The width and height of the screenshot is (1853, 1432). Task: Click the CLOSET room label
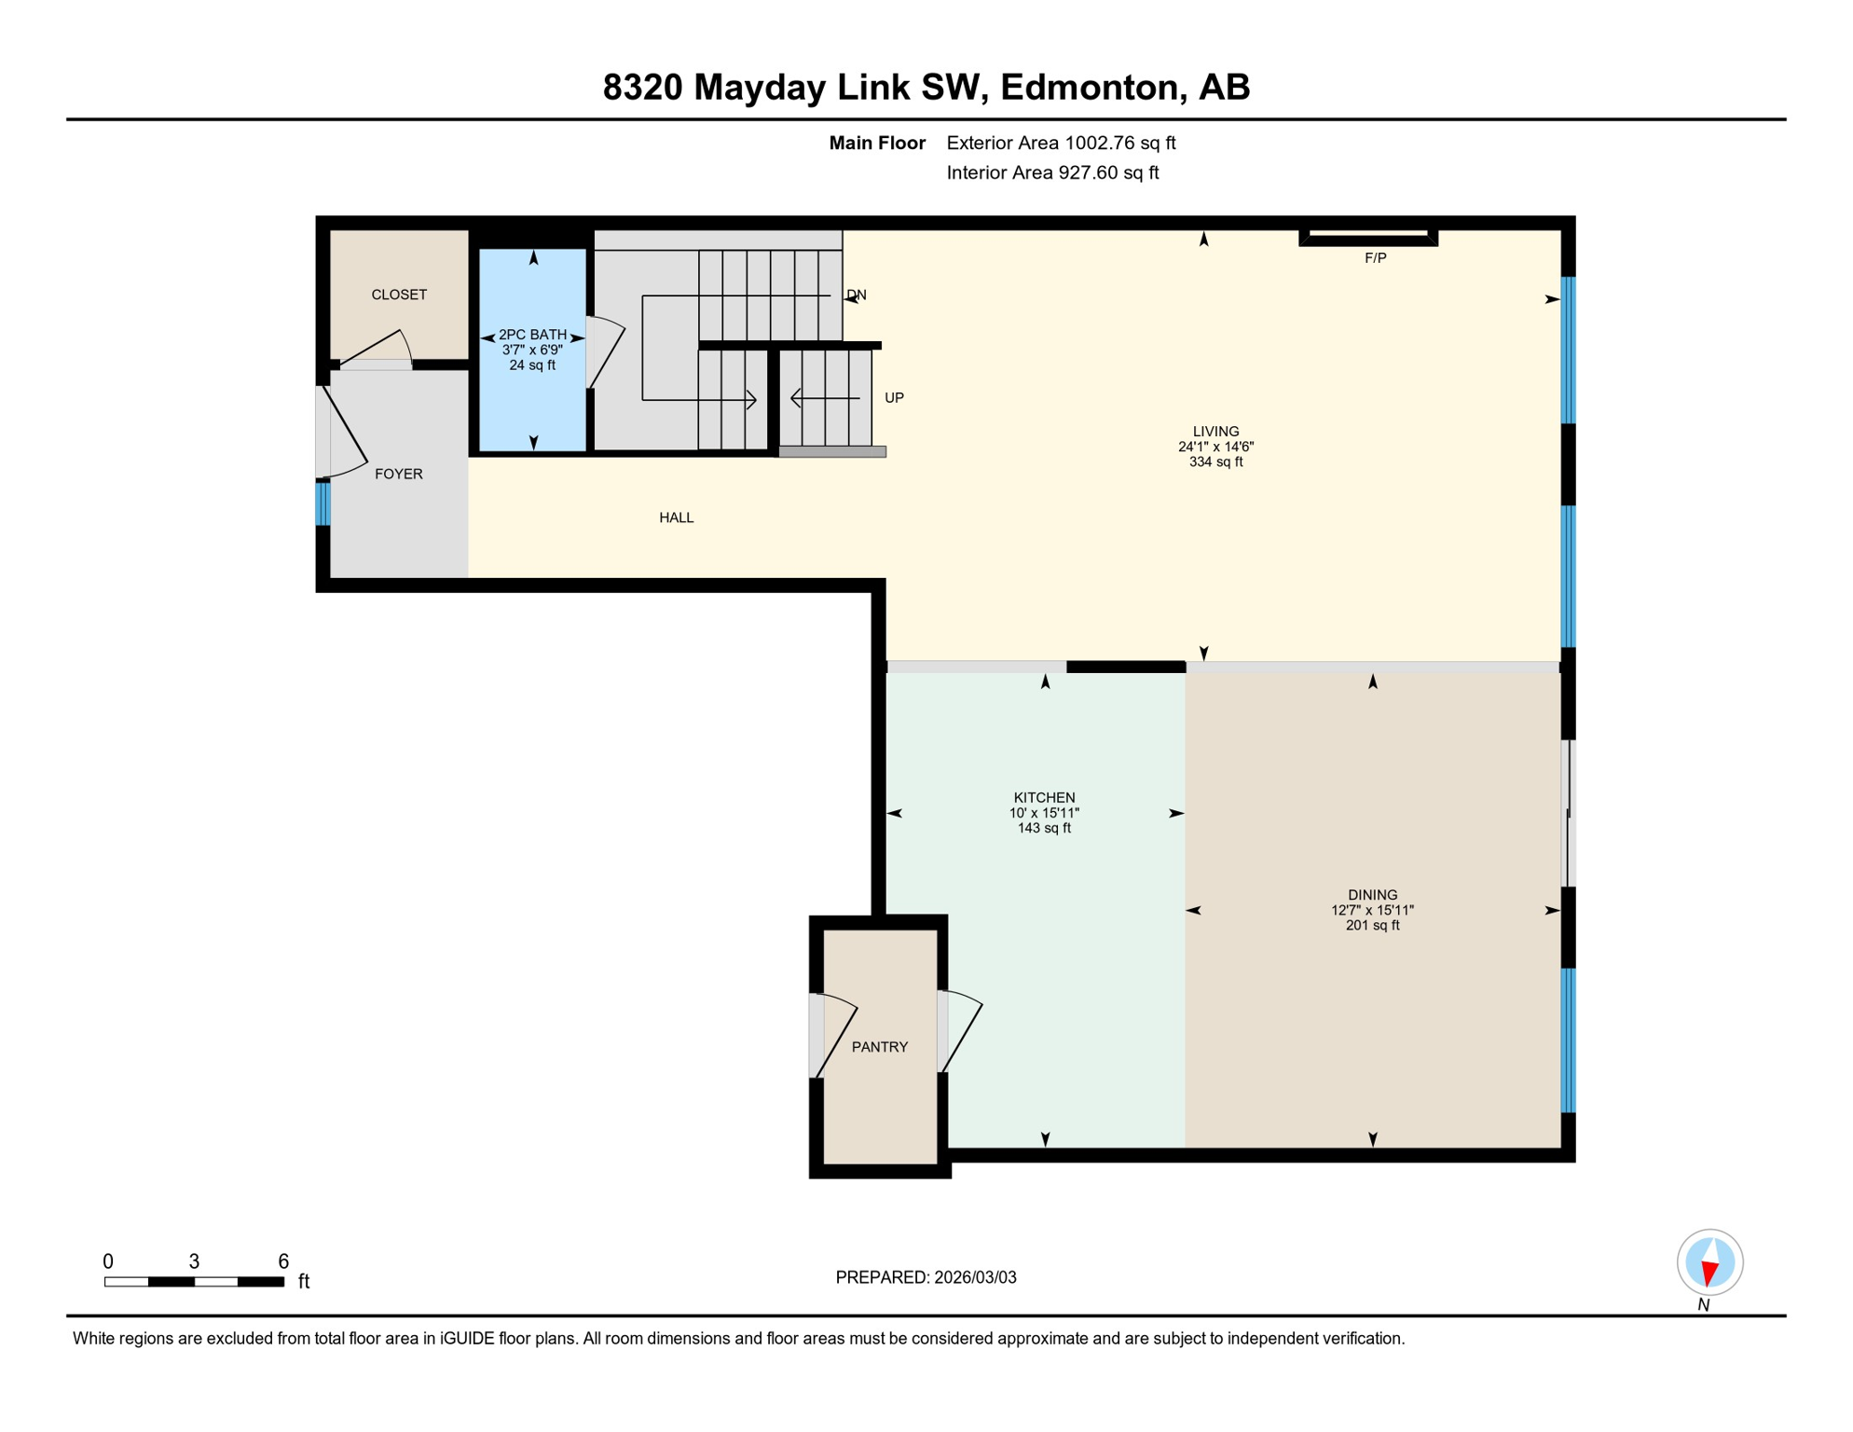[399, 295]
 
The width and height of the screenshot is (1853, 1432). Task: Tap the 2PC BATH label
[532, 335]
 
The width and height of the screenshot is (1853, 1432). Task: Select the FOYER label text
[399, 474]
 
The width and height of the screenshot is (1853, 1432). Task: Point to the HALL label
[676, 517]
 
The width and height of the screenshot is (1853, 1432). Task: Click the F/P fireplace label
[1375, 258]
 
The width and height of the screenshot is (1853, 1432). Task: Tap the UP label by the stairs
[894, 398]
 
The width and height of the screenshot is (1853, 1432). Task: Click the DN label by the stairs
[857, 296]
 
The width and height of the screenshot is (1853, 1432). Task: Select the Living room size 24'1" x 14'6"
[1215, 447]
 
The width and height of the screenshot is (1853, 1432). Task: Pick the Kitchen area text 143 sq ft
[1044, 828]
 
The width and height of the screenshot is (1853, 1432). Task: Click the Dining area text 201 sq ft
[1372, 925]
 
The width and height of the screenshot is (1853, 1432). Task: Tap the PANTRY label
[879, 1047]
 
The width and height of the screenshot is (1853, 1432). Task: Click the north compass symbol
[1709, 1262]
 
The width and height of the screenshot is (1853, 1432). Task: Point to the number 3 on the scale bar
[194, 1261]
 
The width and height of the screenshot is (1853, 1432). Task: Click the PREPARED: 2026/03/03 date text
[926, 1277]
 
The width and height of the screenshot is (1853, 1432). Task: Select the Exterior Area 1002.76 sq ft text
[1061, 143]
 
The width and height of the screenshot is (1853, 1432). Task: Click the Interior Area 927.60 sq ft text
[1052, 172]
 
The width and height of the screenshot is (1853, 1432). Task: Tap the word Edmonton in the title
[1091, 87]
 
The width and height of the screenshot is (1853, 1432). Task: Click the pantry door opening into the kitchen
[960, 1030]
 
